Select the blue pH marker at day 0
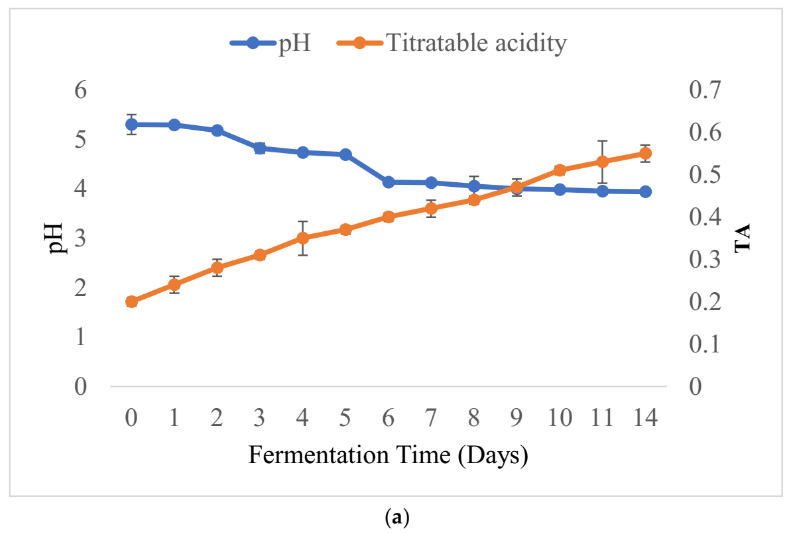tap(131, 124)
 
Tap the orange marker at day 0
tap(131, 301)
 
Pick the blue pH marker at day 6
tap(389, 182)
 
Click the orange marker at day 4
tap(303, 238)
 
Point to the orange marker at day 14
tap(645, 153)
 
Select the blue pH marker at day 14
tap(645, 191)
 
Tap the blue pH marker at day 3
tap(260, 148)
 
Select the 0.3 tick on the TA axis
tap(704, 260)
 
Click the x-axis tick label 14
tap(645, 419)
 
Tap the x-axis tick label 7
tap(431, 419)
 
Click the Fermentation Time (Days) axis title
tap(388, 456)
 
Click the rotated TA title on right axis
tap(742, 238)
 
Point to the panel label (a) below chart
tap(396, 517)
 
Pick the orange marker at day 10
tap(560, 170)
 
